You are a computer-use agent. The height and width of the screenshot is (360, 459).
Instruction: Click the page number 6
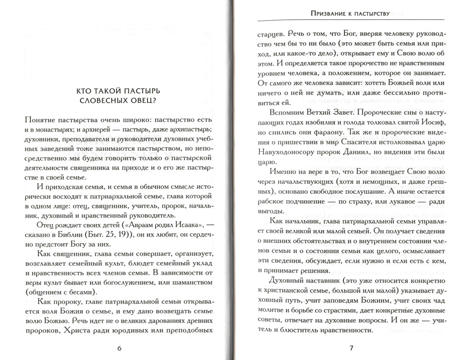coord(119,348)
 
